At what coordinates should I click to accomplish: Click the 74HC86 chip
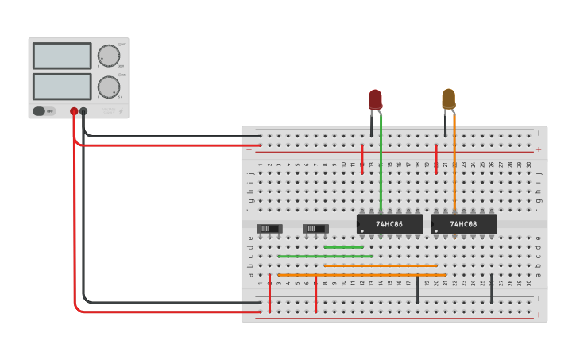[x=389, y=224]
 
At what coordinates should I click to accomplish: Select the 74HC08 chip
[x=463, y=224]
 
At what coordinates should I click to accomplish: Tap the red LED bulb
[x=375, y=99]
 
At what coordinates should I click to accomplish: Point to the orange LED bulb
[x=449, y=99]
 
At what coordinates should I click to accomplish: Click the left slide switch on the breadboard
[x=270, y=229]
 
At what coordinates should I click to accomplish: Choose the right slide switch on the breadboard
[x=316, y=229]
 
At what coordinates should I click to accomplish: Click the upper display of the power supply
[x=62, y=56]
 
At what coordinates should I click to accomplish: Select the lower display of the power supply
[x=62, y=86]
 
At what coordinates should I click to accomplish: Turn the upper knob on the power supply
[x=109, y=56]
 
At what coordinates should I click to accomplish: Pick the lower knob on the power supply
[x=109, y=86]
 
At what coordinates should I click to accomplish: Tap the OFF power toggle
[x=44, y=111]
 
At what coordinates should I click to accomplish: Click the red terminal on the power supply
[x=74, y=112]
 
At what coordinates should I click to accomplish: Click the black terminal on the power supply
[x=83, y=112]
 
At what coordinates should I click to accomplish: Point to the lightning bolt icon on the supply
[x=121, y=112]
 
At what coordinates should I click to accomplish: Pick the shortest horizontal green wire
[x=343, y=247]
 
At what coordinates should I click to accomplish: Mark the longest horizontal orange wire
[x=361, y=275]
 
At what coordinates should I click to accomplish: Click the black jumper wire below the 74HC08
[x=491, y=288]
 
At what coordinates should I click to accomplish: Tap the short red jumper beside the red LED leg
[x=362, y=159]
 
